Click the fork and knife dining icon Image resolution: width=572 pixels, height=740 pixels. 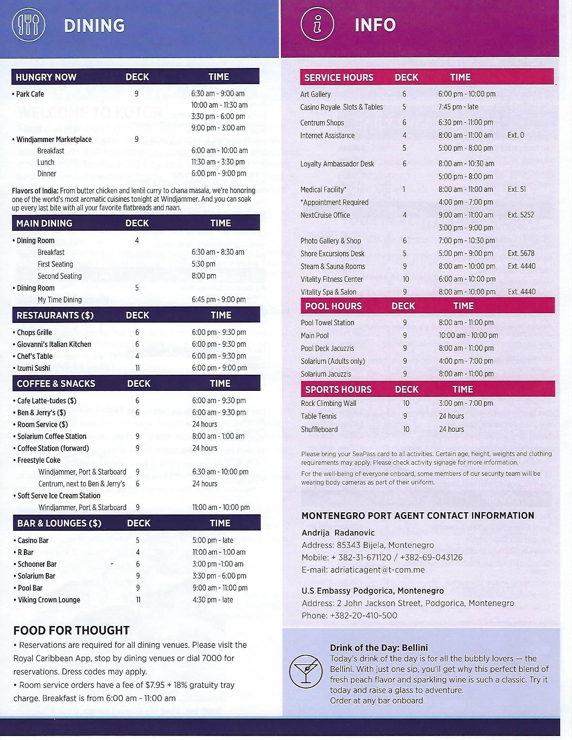[x=29, y=26]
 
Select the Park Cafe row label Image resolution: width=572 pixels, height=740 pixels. [x=30, y=94]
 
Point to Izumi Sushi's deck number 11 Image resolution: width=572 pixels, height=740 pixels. [x=138, y=368]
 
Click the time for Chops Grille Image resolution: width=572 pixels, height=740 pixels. [x=219, y=332]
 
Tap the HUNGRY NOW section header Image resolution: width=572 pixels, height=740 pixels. [x=46, y=77]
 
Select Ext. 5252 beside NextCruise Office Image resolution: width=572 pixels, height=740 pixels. [x=521, y=215]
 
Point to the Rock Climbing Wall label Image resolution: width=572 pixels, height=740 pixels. [x=328, y=403]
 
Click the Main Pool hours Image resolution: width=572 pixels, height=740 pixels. [x=468, y=335]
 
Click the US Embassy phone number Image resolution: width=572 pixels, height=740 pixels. [x=363, y=615]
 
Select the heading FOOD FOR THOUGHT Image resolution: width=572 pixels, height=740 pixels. [x=71, y=630]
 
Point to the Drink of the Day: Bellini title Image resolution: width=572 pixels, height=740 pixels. [x=379, y=648]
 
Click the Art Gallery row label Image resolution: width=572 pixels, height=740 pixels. [x=315, y=94]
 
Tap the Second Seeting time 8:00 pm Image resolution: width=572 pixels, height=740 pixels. [x=204, y=276]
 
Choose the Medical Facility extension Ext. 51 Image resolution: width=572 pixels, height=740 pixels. [x=516, y=189]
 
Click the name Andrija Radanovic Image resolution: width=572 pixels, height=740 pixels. [x=338, y=533]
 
